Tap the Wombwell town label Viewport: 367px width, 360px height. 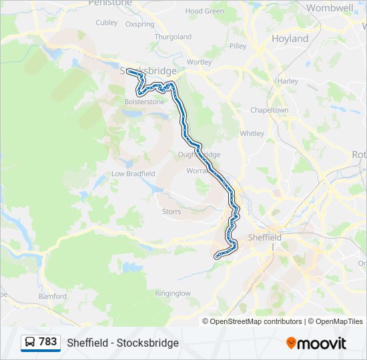coord(330,8)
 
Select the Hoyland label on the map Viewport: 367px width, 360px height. coord(290,39)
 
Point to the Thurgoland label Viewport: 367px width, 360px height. coord(173,37)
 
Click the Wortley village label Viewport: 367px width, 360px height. coord(200,62)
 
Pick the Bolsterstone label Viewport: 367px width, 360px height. coord(144,101)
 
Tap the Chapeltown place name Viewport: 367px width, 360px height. coord(269,110)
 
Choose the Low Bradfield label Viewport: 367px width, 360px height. coord(133,173)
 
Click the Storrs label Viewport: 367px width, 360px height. coord(171,212)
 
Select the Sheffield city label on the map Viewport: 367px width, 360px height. coord(265,237)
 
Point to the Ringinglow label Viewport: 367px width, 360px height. coord(173,293)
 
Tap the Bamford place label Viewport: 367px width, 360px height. coord(53,295)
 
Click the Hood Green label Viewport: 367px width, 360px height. coord(205,11)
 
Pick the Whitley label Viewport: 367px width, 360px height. coord(252,133)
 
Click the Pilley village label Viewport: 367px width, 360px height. coord(238,46)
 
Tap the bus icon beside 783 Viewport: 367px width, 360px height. coord(30,342)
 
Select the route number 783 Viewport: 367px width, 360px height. coord(48,342)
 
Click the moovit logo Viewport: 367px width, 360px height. coord(316,343)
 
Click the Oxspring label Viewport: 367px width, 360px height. coord(139,25)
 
